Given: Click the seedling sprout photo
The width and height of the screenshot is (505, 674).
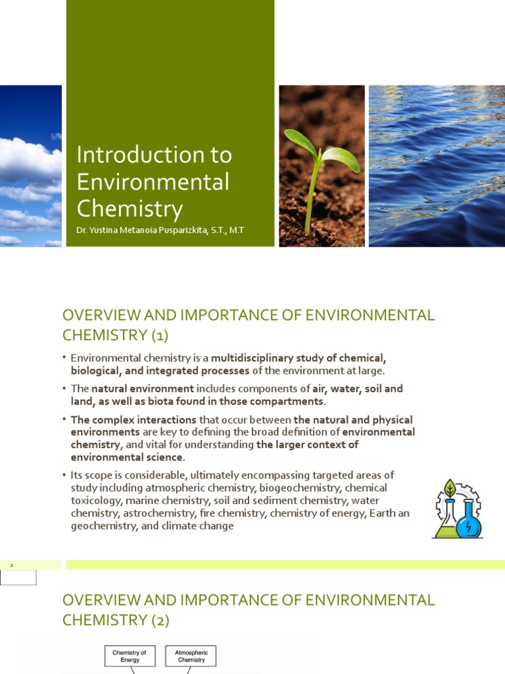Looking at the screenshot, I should [x=322, y=166].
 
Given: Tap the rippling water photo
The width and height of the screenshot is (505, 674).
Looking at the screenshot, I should [x=437, y=166].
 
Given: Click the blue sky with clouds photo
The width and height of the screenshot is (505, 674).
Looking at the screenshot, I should [x=30, y=166].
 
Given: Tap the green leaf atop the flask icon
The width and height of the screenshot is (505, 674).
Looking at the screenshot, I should [x=450, y=488].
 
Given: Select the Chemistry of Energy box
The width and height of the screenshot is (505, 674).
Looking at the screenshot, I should [x=130, y=656].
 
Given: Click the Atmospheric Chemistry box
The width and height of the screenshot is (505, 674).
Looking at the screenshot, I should [x=191, y=656].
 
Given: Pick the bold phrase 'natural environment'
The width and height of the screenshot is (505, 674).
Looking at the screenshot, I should [x=143, y=388].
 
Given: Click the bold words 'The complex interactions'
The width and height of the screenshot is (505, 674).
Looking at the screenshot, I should [x=133, y=419].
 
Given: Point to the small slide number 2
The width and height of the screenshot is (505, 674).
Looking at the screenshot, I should [x=11, y=565].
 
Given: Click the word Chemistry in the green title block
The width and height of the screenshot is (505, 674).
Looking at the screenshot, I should [x=130, y=208].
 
